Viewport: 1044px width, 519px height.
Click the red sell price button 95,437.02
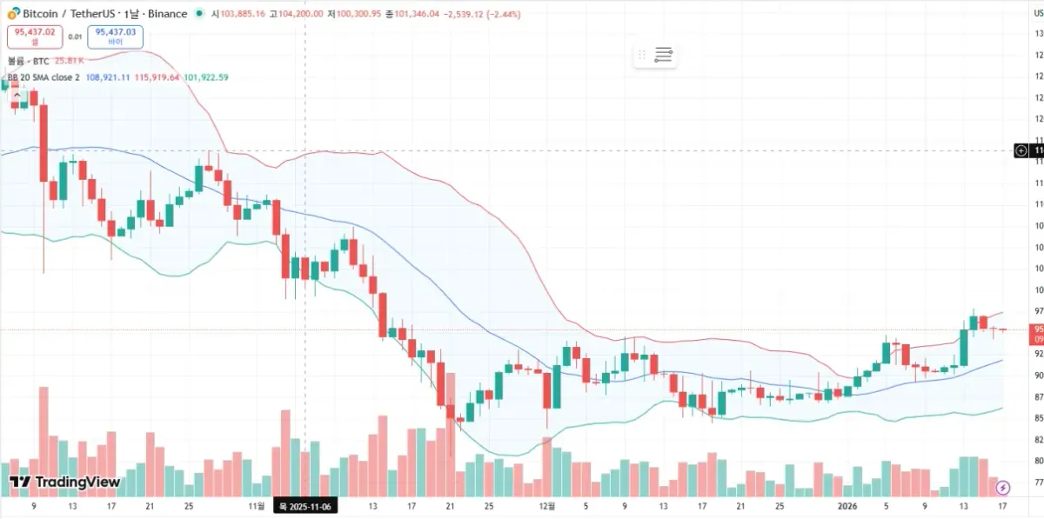click(x=35, y=37)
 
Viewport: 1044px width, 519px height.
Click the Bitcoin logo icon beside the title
click(x=13, y=14)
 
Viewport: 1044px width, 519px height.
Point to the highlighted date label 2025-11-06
click(x=304, y=505)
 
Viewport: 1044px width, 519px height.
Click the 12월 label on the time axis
click(x=546, y=505)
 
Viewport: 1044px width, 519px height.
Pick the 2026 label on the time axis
click(x=847, y=505)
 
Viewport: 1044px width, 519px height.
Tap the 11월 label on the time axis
click(x=256, y=505)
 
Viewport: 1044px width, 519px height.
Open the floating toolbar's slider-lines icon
click(x=664, y=56)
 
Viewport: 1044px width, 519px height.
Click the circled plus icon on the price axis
click(x=1021, y=150)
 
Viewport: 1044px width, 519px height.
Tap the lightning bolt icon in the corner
click(x=1002, y=488)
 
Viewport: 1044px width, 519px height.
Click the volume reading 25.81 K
click(x=69, y=61)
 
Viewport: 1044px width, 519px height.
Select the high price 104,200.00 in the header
click(x=301, y=14)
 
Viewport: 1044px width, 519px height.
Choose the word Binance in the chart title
click(x=166, y=14)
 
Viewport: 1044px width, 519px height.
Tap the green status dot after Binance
click(x=199, y=14)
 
